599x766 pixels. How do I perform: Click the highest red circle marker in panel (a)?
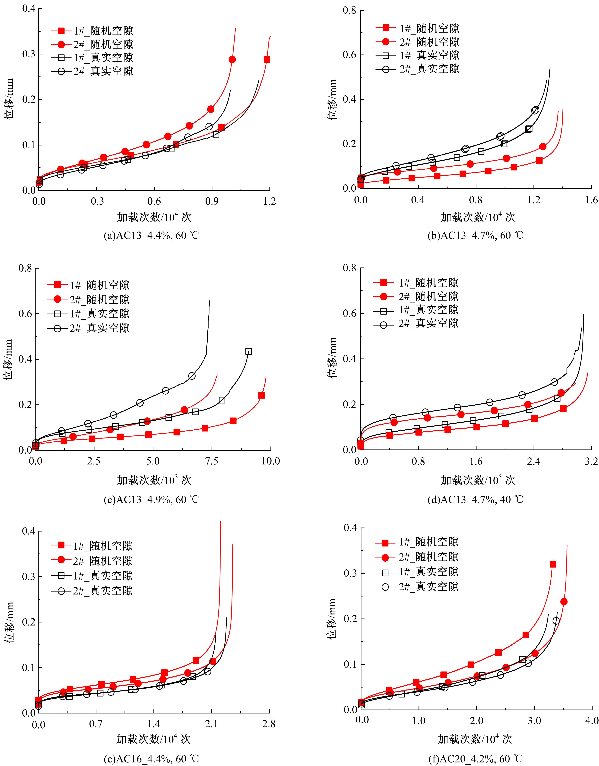[x=232, y=60]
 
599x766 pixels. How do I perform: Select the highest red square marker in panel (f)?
[x=553, y=564]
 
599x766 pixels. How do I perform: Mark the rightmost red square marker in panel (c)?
[x=261, y=395]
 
